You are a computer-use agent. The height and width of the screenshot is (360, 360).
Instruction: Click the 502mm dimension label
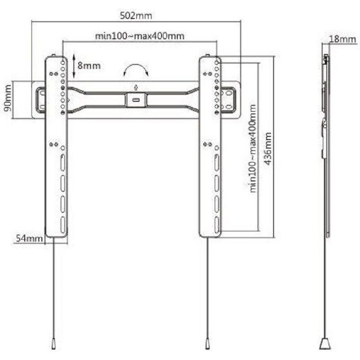[136, 16]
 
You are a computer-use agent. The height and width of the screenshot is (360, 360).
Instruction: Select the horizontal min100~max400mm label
[140, 36]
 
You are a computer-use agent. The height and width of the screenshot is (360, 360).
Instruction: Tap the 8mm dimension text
[89, 66]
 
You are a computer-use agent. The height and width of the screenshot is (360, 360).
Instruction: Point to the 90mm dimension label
[8, 98]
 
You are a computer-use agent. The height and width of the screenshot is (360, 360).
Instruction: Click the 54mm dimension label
[29, 238]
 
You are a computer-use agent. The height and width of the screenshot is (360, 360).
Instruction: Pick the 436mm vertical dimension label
[268, 148]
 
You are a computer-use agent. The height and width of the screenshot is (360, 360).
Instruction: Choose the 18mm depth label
[343, 39]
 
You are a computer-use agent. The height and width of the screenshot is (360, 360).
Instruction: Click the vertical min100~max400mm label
[252, 148]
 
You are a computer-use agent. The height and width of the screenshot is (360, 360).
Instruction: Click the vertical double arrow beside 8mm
[74, 66]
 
